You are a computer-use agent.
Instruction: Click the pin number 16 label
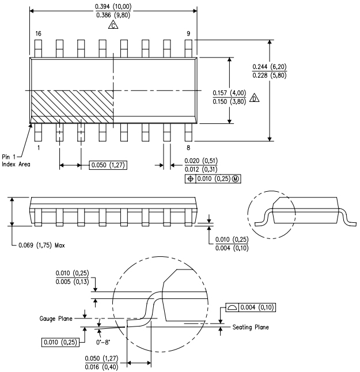click(x=37, y=35)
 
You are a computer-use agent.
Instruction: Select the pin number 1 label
click(x=37, y=148)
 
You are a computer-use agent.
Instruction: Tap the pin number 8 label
click(x=188, y=148)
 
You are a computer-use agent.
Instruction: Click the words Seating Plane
click(x=251, y=328)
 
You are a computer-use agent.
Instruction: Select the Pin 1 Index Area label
click(x=14, y=160)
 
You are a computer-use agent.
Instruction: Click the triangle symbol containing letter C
click(x=113, y=26)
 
